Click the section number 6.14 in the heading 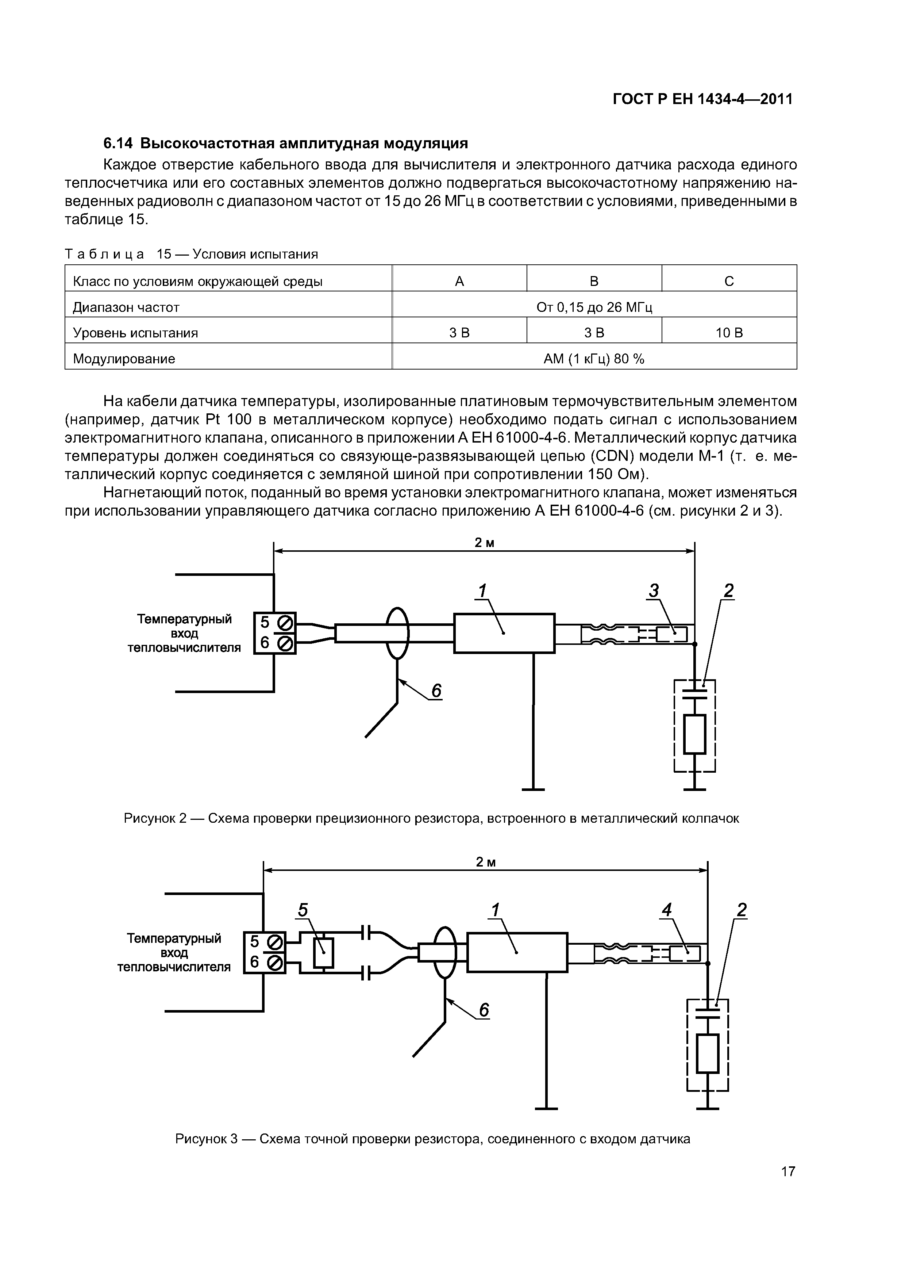click(x=118, y=144)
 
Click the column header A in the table click(x=459, y=281)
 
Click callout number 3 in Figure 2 click(x=654, y=590)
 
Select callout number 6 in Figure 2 click(x=436, y=691)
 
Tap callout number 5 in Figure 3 click(x=302, y=910)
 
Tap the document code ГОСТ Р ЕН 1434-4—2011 click(x=702, y=99)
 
